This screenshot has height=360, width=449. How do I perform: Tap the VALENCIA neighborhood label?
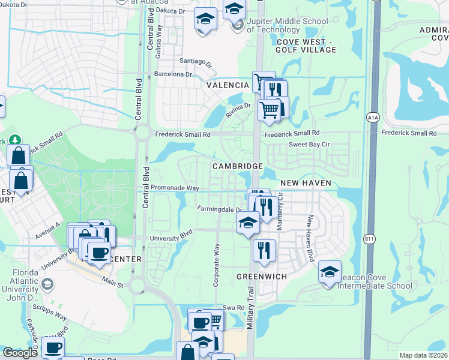[228, 86]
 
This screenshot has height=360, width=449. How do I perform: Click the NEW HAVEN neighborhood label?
[306, 182]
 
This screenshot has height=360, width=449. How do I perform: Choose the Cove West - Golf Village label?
[306, 46]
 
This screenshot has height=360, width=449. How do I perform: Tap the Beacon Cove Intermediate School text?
[376, 281]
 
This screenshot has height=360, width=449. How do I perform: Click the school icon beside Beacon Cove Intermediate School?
[330, 272]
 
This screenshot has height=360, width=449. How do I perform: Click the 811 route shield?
[370, 239]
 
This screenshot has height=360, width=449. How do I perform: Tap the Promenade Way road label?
[175, 188]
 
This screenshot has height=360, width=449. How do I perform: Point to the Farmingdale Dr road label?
[220, 209]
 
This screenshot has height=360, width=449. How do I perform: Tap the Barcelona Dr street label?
[173, 74]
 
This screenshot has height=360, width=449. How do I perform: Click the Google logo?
[20, 353]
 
